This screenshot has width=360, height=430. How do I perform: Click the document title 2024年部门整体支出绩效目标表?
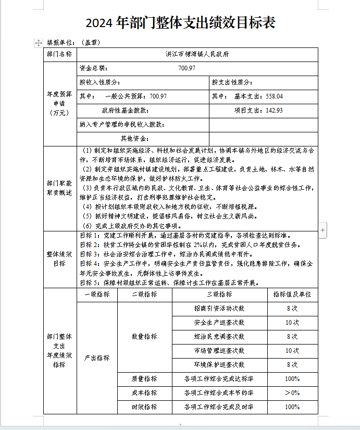click(180, 22)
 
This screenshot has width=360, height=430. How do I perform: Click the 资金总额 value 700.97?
click(187, 68)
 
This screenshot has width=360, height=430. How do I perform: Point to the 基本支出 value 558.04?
click(274, 96)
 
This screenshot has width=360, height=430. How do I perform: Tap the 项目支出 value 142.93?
click(274, 110)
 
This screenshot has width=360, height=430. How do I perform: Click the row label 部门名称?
click(60, 54)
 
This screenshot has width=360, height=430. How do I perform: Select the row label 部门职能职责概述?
click(60, 188)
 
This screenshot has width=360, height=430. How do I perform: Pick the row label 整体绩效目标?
click(60, 259)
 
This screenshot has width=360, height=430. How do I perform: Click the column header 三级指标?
click(219, 294)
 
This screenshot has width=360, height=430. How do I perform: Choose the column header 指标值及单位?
click(292, 294)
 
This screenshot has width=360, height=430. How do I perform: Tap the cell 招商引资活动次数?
click(219, 309)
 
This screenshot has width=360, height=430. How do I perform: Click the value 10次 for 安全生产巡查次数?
click(292, 323)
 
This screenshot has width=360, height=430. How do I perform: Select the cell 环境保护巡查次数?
click(219, 365)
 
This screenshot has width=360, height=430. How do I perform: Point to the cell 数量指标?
click(144, 337)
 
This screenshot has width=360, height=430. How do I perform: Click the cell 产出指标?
click(97, 358)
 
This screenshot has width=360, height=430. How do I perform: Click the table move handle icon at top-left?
click(39, 43)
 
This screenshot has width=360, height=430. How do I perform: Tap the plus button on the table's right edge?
click(323, 229)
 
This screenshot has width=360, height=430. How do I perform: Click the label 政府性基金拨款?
click(125, 110)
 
